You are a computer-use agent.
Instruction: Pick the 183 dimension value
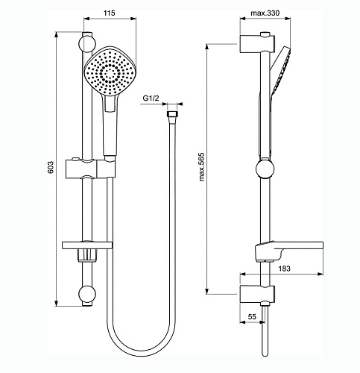click(284, 268)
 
